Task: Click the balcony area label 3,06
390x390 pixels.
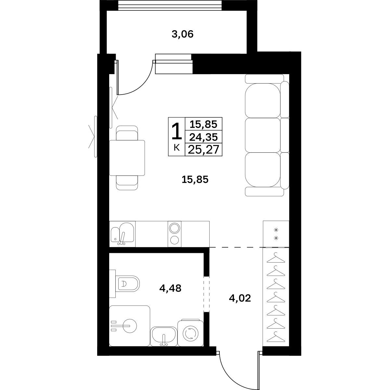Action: [183, 34]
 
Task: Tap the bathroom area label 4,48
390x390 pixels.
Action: [170, 288]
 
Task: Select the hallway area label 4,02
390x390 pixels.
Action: [240, 298]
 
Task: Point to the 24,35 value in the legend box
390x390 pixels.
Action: [203, 137]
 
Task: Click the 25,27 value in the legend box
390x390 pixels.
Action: [203, 150]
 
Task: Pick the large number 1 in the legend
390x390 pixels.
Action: [176, 131]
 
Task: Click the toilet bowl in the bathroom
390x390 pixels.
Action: [128, 284]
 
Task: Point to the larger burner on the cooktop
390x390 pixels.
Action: [175, 228]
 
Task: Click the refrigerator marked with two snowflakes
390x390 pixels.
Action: [276, 234]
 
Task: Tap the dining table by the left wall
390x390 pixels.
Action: [127, 158]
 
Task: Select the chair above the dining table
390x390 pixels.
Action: [127, 133]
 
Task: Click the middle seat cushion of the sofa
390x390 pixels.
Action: [263, 135]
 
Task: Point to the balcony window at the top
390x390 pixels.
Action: [170, 5]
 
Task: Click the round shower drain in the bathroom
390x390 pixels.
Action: [130, 326]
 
